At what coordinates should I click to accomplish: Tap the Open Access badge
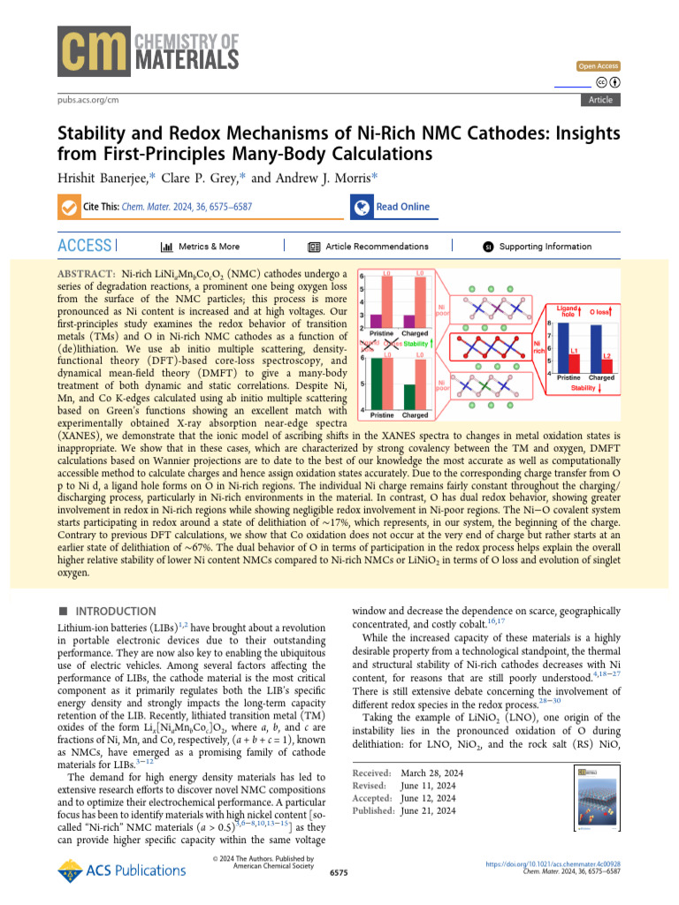(x=599, y=66)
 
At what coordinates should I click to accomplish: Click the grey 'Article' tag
(x=599, y=100)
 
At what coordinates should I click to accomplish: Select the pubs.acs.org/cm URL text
(x=87, y=101)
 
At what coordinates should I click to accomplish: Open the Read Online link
(x=402, y=207)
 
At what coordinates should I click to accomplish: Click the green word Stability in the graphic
(x=415, y=343)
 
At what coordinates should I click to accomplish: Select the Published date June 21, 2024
(x=428, y=810)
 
